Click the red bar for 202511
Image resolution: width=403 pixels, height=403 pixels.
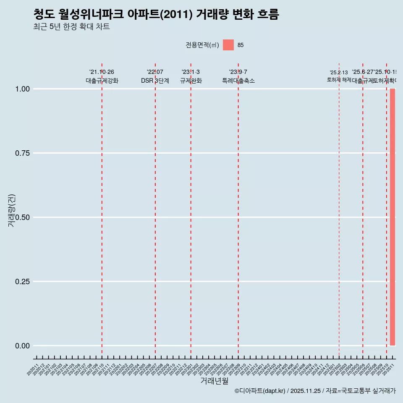[x=393, y=217]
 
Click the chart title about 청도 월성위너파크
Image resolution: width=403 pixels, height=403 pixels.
[x=156, y=14]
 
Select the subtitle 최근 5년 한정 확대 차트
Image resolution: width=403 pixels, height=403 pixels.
[x=71, y=27]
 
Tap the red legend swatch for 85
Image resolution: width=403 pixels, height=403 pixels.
[x=228, y=45]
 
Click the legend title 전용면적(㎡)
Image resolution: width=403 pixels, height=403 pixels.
[x=202, y=45]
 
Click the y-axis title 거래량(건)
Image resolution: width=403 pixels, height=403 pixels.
[x=11, y=210]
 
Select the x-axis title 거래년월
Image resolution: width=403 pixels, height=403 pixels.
[x=215, y=381]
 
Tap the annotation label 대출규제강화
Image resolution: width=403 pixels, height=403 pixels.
[x=102, y=81]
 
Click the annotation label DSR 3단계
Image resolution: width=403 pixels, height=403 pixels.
[x=155, y=81]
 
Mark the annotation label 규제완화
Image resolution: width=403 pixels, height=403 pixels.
[x=191, y=81]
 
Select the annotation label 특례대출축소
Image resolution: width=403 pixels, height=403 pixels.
[x=238, y=81]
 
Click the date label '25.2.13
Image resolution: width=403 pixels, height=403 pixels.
[x=339, y=73]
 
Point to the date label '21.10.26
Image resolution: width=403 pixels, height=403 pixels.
[x=102, y=72]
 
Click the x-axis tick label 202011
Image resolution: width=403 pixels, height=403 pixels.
[x=33, y=369]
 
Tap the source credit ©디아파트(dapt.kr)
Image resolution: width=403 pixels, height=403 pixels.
[x=260, y=391]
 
